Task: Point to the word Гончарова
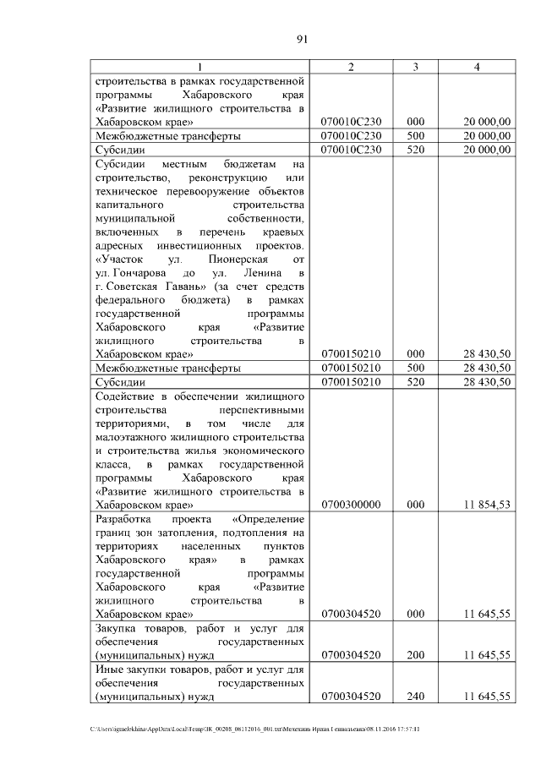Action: [135, 276]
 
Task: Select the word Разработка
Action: [125, 519]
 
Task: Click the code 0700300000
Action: [352, 504]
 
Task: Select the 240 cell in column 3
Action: [415, 697]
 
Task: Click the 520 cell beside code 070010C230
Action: [415, 149]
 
